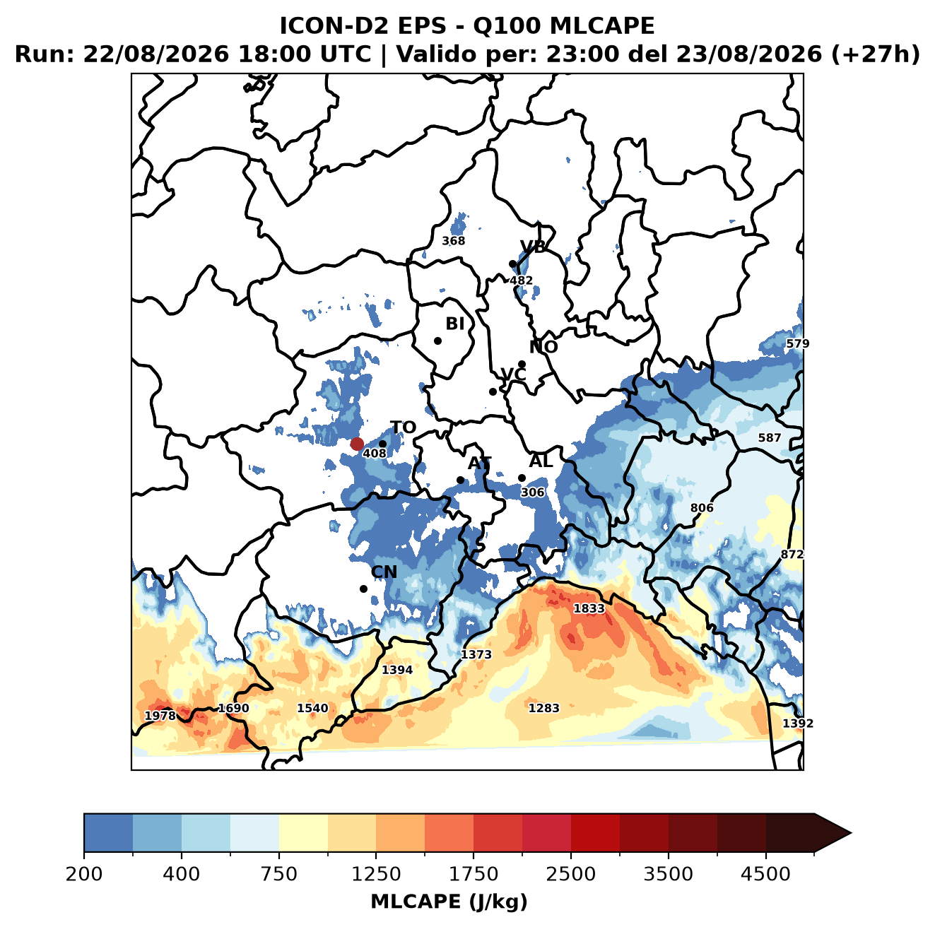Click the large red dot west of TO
[x=357, y=444]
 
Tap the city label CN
[x=384, y=572]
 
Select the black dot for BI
[x=437, y=341]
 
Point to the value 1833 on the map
[x=589, y=608]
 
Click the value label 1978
[x=160, y=716]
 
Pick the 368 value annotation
[x=453, y=241]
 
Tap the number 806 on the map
[x=702, y=508]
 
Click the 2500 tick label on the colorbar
[x=570, y=873]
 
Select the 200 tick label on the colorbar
[x=84, y=873]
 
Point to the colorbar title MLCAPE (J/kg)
[x=449, y=902]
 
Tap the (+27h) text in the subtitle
[x=876, y=54]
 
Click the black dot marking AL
[x=522, y=478]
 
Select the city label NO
[x=543, y=347]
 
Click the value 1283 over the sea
[x=543, y=708]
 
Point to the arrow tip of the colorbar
[x=851, y=833]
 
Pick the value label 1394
[x=397, y=670]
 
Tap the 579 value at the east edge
[x=798, y=344]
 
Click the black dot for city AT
[x=461, y=480]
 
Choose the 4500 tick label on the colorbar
[x=765, y=873]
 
